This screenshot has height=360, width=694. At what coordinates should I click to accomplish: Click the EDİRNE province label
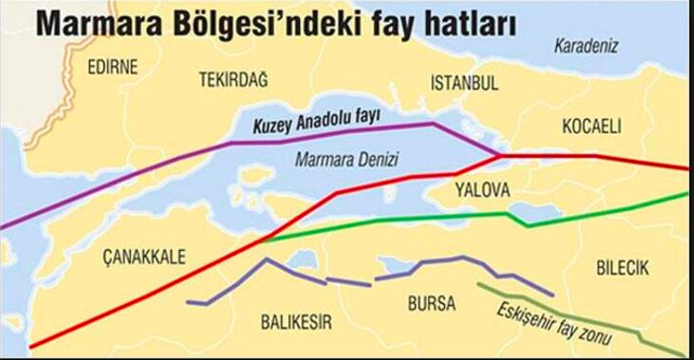(112, 67)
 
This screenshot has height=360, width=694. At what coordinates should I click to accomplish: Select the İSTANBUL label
(464, 82)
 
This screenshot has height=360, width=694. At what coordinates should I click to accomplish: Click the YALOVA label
(481, 189)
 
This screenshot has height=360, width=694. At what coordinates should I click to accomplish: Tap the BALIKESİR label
(295, 322)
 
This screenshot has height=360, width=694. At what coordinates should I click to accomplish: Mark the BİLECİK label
(622, 269)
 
